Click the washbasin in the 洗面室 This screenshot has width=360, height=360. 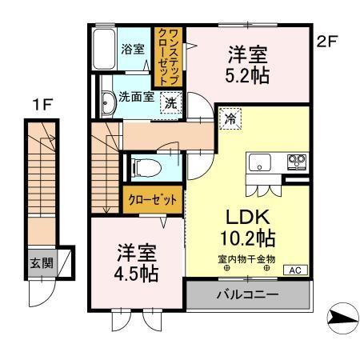[x=106, y=100]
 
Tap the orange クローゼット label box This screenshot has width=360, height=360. [x=153, y=200]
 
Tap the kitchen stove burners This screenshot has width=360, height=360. [x=297, y=162]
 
